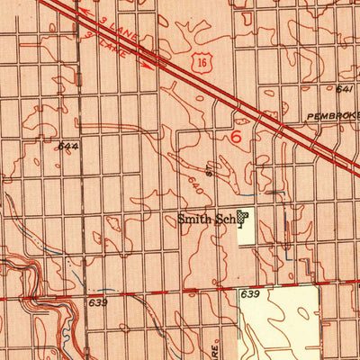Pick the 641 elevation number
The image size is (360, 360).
click(343, 90)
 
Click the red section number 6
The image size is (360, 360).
click(236, 138)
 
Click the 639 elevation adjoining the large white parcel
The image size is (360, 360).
click(249, 294)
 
